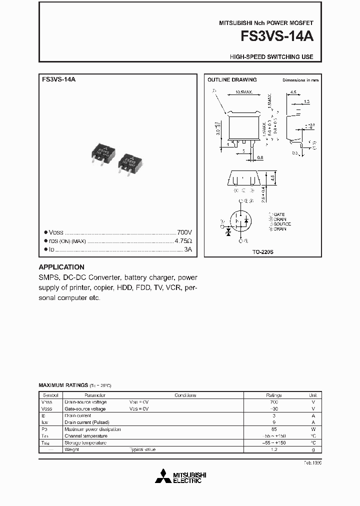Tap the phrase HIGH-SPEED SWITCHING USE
[271, 57]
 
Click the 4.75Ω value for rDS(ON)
[183, 241]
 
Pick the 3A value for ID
[187, 249]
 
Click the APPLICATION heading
[61, 267]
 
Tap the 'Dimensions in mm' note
[300, 80]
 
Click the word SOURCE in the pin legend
[282, 224]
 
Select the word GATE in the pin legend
[279, 214]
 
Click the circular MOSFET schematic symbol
[241, 220]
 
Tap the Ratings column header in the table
[273, 395]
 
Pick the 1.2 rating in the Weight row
[273, 449]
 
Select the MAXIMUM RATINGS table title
[63, 386]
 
